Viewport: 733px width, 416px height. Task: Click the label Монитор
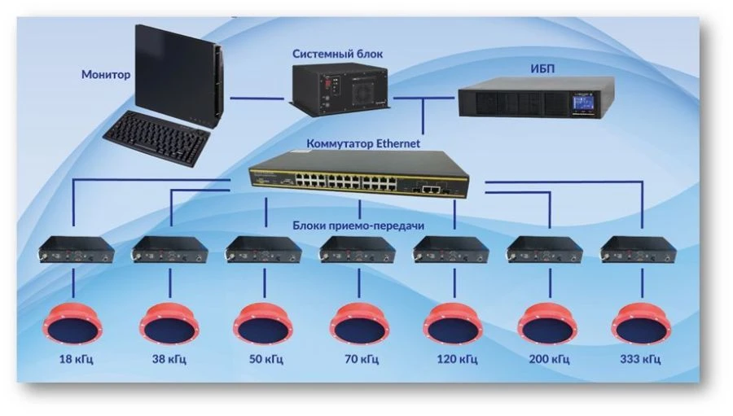tap(105, 74)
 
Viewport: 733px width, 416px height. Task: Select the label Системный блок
tap(337, 54)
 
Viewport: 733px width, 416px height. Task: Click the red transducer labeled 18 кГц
tap(76, 323)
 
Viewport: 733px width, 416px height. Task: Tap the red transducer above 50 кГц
tap(264, 323)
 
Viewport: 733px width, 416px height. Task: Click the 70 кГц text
tap(359, 358)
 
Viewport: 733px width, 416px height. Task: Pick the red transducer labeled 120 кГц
tap(453, 323)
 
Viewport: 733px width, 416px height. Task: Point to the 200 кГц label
tap(547, 358)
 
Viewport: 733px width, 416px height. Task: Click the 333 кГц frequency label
tap(642, 358)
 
